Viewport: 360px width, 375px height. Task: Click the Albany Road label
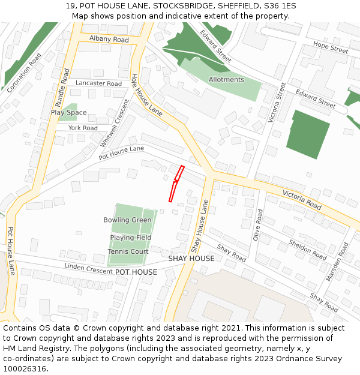(109, 39)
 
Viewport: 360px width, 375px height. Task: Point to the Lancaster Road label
(98, 83)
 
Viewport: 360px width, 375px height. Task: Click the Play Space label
(68, 112)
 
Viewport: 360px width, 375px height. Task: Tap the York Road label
(83, 128)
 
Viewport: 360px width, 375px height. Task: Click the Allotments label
(226, 79)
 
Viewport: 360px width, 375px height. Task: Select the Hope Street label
(331, 48)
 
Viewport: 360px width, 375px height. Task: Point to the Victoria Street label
(278, 103)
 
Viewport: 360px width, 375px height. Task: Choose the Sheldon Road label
(308, 250)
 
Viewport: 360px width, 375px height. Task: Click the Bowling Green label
(127, 220)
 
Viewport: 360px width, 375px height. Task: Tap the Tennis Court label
(128, 251)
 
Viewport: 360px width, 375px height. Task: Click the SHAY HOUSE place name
(191, 259)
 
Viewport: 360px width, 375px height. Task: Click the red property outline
(175, 184)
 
